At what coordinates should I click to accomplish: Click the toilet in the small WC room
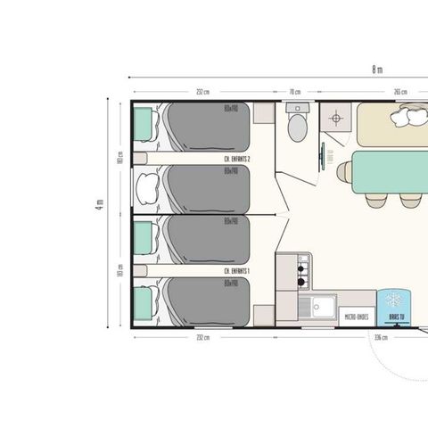coord(298,125)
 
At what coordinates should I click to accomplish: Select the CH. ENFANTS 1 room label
coord(235,269)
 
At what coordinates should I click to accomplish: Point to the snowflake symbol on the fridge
coord(392,299)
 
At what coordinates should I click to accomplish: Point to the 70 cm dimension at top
coord(294,91)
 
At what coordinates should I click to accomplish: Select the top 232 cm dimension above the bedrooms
coord(203,91)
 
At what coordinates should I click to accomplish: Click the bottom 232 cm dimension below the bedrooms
coord(203,338)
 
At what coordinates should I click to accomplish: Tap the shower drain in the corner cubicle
coord(336,117)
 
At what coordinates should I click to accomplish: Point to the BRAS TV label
coord(392,316)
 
